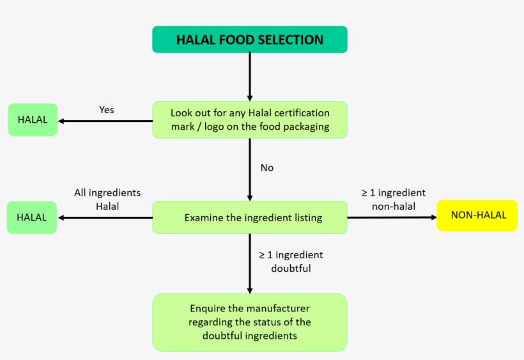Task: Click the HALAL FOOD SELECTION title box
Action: pos(249,40)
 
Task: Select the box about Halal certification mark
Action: pos(249,120)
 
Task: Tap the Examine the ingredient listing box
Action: pos(249,217)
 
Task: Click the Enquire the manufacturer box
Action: pos(249,322)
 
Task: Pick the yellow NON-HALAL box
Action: pos(477,215)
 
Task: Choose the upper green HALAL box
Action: pos(33,120)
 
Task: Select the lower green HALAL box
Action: pos(32,217)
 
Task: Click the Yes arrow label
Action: pos(107,110)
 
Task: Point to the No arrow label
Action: pos(267,168)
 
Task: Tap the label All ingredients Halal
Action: pos(107,199)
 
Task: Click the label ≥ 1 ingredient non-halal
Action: pos(393,199)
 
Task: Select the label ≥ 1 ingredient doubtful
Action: pos(291,262)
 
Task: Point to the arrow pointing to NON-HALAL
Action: pos(391,217)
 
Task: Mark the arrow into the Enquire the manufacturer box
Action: pos(249,262)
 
